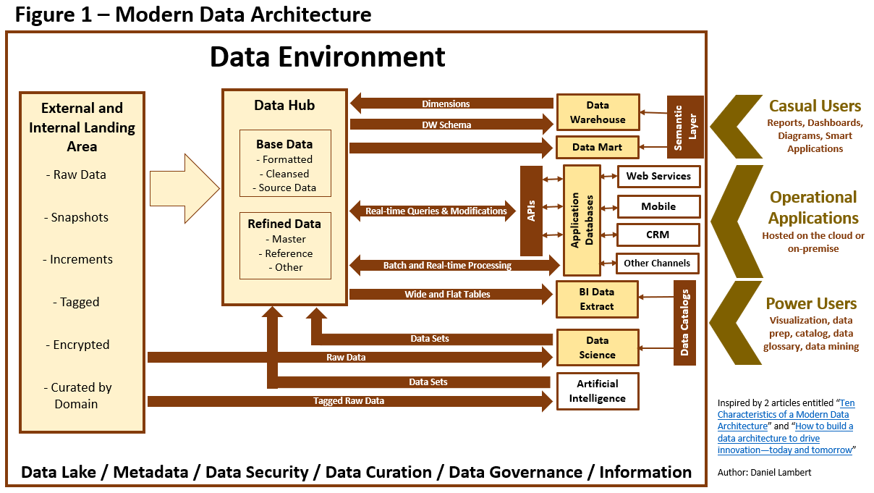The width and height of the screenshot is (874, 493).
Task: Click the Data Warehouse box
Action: (597, 112)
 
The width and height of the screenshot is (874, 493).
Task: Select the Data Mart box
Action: (597, 147)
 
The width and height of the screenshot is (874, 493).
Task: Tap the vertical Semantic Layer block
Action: (684, 127)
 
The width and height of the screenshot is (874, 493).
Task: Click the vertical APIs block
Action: (531, 211)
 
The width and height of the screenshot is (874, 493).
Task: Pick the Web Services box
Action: (658, 176)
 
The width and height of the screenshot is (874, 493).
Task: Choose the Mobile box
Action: (658, 206)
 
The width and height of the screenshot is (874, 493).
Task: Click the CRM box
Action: (658, 235)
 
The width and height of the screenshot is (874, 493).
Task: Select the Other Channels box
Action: (657, 263)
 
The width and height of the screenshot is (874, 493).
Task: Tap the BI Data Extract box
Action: (597, 299)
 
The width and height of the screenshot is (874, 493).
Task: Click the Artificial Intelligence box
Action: (597, 392)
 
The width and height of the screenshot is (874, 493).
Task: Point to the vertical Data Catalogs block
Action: (684, 323)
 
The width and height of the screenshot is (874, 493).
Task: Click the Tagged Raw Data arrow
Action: (349, 400)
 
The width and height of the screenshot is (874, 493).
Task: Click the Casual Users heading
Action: (815, 106)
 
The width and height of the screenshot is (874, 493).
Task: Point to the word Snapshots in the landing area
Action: (80, 217)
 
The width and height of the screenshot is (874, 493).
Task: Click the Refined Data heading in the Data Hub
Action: (284, 224)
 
